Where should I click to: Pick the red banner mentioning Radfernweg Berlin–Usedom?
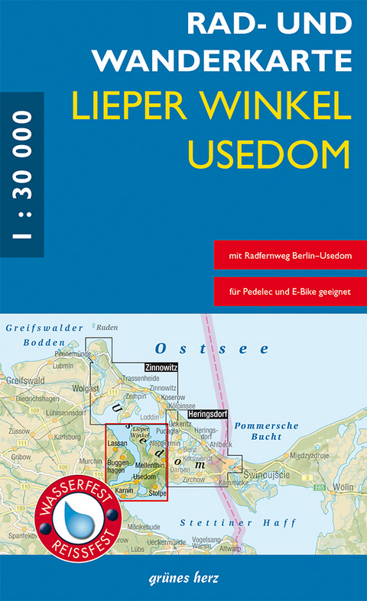coord(291,255)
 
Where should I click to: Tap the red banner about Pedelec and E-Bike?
coord(291,291)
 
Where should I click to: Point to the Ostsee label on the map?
coord(212,348)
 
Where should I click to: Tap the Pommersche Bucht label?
coord(257,431)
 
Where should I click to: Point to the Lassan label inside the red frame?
coord(117,444)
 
